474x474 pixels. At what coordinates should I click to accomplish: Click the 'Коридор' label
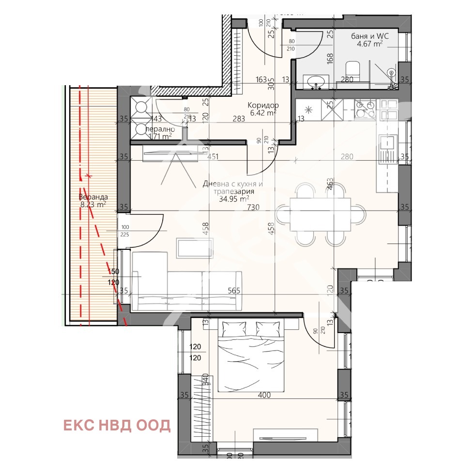(x=261, y=105)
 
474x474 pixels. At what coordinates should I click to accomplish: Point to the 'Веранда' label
(x=93, y=197)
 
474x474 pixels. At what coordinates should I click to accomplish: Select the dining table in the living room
(x=320, y=214)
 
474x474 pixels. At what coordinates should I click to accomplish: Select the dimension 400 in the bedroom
(x=264, y=395)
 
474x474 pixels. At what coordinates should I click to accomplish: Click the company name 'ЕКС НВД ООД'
(x=117, y=425)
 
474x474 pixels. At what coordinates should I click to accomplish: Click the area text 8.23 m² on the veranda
(x=93, y=205)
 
